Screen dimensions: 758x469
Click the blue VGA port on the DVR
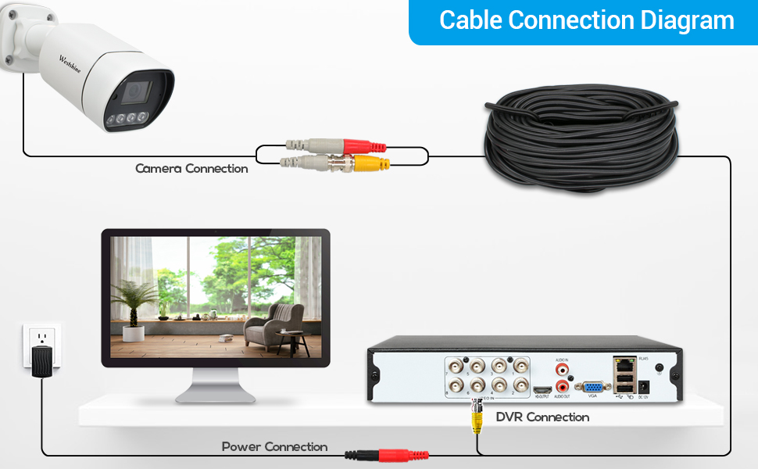(x=593, y=386)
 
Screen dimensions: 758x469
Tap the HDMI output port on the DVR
(x=542, y=388)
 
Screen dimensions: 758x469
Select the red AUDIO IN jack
(x=562, y=367)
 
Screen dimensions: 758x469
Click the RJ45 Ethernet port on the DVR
(x=624, y=364)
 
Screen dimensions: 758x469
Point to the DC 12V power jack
(x=645, y=387)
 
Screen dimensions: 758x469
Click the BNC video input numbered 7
(x=455, y=366)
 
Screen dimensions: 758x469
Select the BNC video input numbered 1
(x=519, y=366)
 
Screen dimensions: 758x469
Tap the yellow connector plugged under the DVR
(x=476, y=421)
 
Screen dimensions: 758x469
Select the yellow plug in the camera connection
(x=370, y=163)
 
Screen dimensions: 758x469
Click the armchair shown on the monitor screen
(x=274, y=324)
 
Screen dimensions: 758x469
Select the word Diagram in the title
(x=687, y=21)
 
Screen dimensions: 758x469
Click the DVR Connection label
(x=542, y=417)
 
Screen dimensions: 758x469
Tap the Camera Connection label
(x=191, y=169)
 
